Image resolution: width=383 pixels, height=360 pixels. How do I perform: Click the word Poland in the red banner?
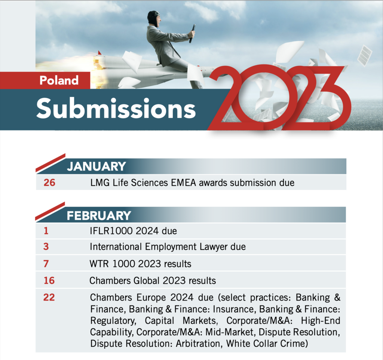click(x=59, y=80)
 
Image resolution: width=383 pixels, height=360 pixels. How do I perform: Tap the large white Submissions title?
click(x=116, y=108)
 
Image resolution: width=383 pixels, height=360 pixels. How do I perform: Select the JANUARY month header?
click(x=96, y=166)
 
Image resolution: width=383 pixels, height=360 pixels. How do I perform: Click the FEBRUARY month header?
click(x=99, y=216)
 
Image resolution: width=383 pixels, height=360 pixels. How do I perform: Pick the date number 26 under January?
click(x=49, y=182)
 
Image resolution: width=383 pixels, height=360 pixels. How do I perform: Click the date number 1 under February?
click(x=46, y=231)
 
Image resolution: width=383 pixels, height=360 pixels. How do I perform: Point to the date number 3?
click(x=46, y=246)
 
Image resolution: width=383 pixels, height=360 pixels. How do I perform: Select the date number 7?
click(x=46, y=264)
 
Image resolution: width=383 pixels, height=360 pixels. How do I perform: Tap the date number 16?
click(x=49, y=280)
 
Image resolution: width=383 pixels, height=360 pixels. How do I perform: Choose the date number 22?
click(x=49, y=297)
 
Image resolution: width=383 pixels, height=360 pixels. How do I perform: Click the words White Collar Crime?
click(x=267, y=344)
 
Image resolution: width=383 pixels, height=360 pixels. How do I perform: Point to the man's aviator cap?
click(x=153, y=17)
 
